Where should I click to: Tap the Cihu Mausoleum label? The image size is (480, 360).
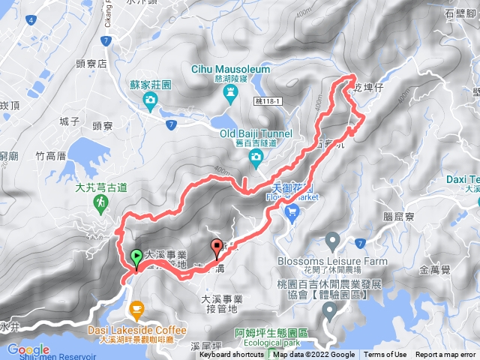click(x=232, y=69)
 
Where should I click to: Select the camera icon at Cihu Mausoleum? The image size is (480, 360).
click(x=231, y=91)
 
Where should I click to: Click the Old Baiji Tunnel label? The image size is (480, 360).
click(x=256, y=133)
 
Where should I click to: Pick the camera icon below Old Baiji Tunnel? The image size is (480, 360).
click(x=256, y=156)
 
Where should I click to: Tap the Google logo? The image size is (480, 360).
click(x=28, y=349)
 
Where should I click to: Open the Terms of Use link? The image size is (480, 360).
click(x=385, y=355)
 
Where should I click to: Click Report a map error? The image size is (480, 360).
click(x=446, y=355)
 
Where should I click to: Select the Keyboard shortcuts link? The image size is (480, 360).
click(x=232, y=355)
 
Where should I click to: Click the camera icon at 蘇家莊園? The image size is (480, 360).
click(x=151, y=99)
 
